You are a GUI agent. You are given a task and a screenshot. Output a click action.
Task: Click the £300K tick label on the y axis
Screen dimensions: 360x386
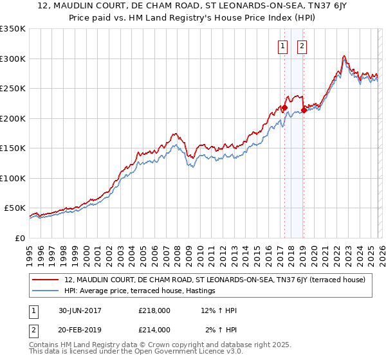coord(13,59)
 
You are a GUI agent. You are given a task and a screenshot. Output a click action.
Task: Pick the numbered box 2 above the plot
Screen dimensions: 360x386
coord(302,46)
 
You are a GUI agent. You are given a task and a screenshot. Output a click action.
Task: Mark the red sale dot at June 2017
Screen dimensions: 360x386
coord(284,107)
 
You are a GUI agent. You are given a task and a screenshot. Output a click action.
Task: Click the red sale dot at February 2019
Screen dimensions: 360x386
coord(303,110)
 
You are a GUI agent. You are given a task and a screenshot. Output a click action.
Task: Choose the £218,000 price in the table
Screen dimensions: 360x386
coord(154,310)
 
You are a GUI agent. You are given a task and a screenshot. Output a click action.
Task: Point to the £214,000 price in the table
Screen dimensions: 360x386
coord(154,330)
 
